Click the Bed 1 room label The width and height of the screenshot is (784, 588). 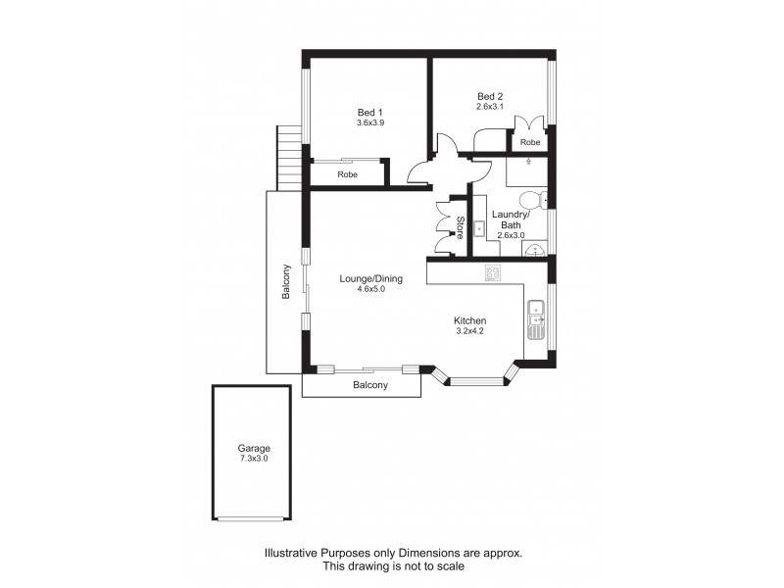pos(369,112)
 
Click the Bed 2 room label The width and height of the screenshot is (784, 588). pos(489,95)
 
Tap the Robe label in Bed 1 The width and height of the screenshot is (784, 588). pos(347,174)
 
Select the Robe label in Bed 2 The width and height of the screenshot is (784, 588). pos(529,143)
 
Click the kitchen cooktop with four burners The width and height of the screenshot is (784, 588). pos(494,273)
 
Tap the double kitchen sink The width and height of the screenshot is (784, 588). pos(536,315)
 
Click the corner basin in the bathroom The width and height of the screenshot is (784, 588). pos(535,251)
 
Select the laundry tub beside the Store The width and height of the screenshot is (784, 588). pos(479,228)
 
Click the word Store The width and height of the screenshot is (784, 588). pos(459,227)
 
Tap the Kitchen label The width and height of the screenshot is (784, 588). pos(469,320)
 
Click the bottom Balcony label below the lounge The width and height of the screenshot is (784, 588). pos(370,385)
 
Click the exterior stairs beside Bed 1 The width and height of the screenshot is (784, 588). pos(288,160)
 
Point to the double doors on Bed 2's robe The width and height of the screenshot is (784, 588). pos(529,123)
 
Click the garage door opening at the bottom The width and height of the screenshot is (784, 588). pos(252,519)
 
